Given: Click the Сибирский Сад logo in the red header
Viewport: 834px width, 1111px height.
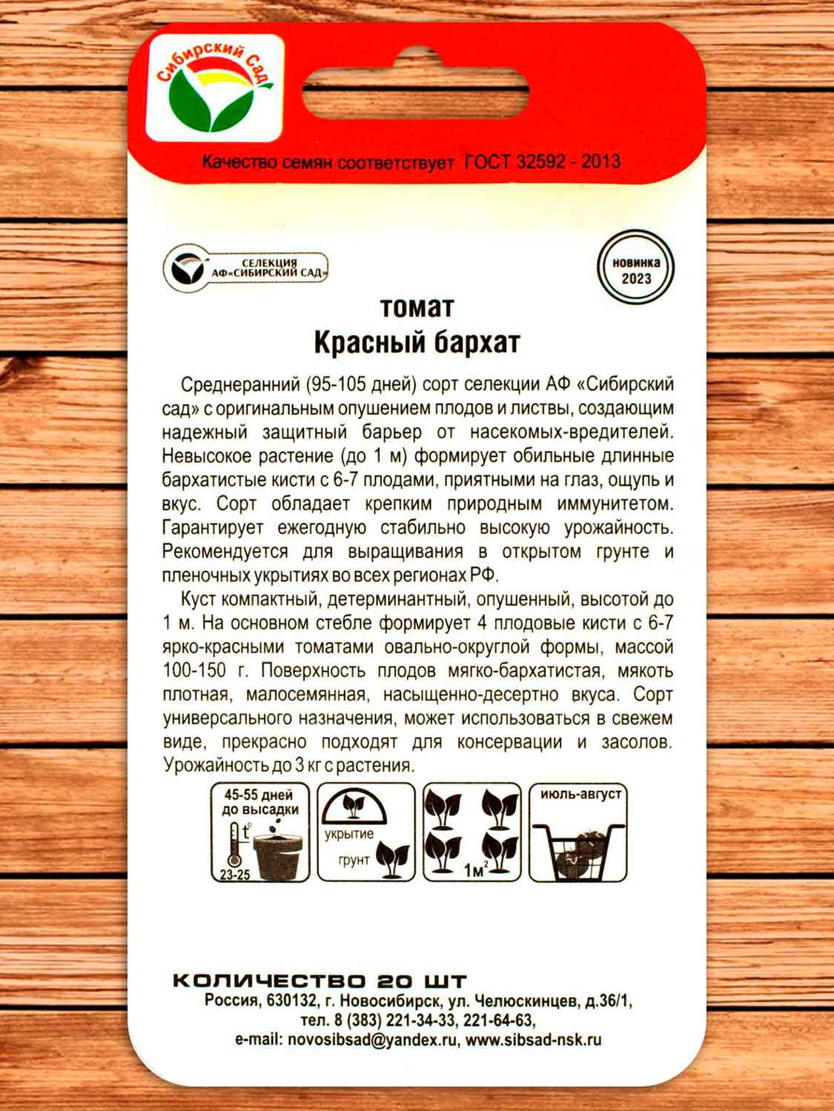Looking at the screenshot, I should click(215, 87).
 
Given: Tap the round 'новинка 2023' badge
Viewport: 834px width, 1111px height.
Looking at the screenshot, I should click(635, 267).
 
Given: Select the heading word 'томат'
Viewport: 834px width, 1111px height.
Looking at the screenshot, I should click(417, 307).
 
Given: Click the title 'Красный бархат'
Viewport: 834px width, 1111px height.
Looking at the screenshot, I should click(417, 342).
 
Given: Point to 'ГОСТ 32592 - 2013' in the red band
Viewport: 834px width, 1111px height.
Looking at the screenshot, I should click(542, 161).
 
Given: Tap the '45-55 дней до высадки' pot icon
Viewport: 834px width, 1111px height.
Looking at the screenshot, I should click(260, 832).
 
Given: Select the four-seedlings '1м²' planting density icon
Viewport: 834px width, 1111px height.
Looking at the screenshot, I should click(472, 832).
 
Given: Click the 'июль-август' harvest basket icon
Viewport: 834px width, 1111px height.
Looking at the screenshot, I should click(578, 832).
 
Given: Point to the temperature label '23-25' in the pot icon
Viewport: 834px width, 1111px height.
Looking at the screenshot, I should click(235, 874).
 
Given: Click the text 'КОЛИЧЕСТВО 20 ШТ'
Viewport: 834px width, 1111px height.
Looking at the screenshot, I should click(320, 981).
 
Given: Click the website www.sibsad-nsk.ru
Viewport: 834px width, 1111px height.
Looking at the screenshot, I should click(534, 1040).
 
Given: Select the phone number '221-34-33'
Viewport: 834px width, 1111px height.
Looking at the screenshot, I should click(421, 1021).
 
